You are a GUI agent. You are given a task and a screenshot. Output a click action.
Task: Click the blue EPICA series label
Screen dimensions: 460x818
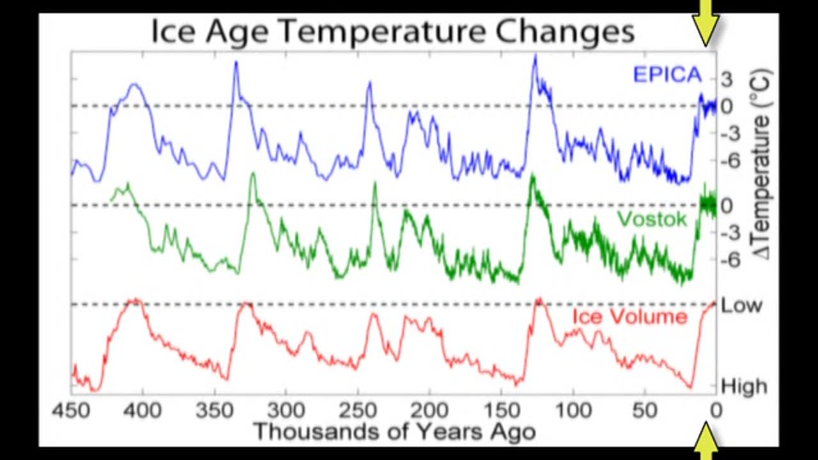(667, 75)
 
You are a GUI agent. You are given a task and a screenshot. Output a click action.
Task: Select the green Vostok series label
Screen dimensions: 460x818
(652, 219)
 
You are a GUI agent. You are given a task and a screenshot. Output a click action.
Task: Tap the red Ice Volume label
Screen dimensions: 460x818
(629, 317)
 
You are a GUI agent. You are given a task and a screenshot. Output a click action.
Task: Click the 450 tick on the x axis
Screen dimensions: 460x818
(71, 410)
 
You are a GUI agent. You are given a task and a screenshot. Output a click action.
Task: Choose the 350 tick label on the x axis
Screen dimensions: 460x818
(215, 410)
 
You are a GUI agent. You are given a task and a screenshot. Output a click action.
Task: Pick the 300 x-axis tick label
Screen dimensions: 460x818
(286, 410)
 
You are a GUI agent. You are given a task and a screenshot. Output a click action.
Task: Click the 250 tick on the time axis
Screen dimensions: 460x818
(358, 410)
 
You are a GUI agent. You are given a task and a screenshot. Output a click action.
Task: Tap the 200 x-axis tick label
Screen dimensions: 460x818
(429, 410)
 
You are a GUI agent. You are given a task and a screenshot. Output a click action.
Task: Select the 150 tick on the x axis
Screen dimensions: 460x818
(501, 410)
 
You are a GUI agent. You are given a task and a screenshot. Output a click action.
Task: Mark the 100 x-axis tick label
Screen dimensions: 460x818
(573, 410)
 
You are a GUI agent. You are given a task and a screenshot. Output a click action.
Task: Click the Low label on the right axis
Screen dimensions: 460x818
(741, 305)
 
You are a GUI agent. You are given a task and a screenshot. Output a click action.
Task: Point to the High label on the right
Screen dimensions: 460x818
(743, 386)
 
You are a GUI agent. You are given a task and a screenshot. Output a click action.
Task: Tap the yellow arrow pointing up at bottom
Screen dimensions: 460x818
(706, 441)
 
